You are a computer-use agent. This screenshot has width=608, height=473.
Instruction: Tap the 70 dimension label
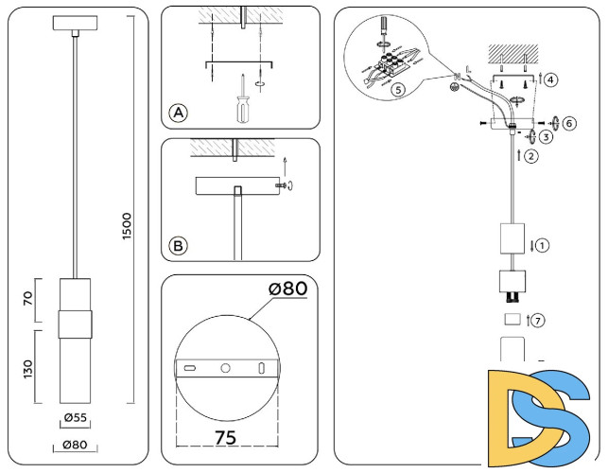[x=28, y=299]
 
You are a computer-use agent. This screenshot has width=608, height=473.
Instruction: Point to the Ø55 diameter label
[x=75, y=416]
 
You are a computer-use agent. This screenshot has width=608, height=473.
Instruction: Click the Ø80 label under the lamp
[x=75, y=446]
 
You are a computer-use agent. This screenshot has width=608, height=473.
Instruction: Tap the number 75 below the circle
[x=225, y=437]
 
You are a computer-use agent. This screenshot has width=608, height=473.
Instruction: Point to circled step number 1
[x=542, y=245]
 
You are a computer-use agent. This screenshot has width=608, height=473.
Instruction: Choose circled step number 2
[x=531, y=156]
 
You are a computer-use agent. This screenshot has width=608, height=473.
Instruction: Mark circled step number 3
[x=547, y=138]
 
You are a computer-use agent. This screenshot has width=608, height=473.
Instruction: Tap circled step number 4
[x=550, y=79]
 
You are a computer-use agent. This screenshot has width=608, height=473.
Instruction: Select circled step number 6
[x=567, y=123]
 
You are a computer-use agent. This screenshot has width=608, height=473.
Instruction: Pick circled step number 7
[x=538, y=320]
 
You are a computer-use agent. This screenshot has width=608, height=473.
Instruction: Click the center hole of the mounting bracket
[x=225, y=367]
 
